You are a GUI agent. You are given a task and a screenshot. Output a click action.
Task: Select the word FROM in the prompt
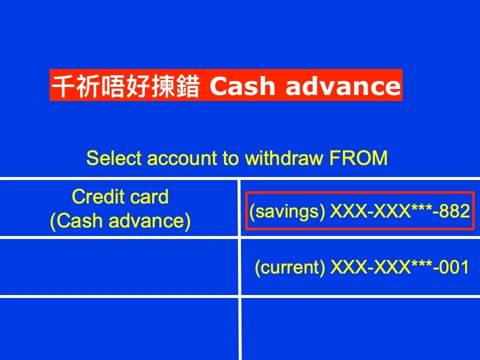[x=358, y=158]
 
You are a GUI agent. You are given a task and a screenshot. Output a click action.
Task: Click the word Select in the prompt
[x=114, y=158]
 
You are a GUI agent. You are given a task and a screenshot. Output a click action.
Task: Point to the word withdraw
[x=284, y=158]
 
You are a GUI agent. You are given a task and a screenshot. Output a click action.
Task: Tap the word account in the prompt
[x=182, y=158]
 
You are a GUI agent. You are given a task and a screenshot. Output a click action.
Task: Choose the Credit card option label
[x=120, y=196]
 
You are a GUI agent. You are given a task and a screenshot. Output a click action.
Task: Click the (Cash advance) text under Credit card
[x=120, y=220]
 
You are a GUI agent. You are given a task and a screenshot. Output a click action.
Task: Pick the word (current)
[x=290, y=267]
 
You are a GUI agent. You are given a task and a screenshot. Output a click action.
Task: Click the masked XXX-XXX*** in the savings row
[x=381, y=211]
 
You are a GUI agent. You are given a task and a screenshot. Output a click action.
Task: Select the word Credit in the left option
[x=98, y=196]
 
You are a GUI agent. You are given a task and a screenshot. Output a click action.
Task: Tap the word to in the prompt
[x=231, y=158]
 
